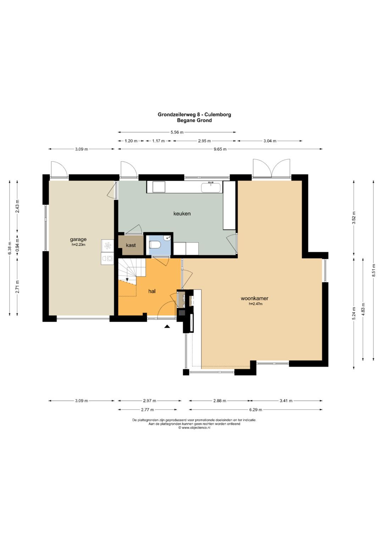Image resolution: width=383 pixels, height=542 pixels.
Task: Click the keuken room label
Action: pos(182,214)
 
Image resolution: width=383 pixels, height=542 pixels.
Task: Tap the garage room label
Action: pos(78,240)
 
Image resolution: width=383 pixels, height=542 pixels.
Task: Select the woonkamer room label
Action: pos(254,299)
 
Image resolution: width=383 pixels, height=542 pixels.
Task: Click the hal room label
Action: pos(152,291)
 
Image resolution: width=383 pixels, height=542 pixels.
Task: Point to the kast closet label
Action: pos(131,245)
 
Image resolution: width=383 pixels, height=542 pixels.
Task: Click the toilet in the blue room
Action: pos(155,245)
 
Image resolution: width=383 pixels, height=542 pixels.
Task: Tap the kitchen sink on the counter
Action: pos(211,187)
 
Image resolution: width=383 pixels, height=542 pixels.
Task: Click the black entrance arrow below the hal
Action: pos(167,327)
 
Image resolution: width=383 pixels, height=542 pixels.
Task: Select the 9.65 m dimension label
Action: pos(220,149)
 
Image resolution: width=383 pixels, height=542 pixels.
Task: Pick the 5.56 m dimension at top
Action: pos(177,132)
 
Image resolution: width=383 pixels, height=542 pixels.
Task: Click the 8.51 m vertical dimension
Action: pos(373,271)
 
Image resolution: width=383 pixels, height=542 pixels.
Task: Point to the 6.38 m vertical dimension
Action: pos(10,248)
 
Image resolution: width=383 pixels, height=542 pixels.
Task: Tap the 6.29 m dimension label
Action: pos(256,410)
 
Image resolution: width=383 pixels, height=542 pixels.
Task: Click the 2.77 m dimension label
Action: pos(148,410)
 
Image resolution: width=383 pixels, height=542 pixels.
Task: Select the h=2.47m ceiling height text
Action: pos(256,304)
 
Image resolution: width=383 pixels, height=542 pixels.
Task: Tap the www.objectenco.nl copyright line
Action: pos(194,428)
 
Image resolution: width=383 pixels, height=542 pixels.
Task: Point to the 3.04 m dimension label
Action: pos(270,141)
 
